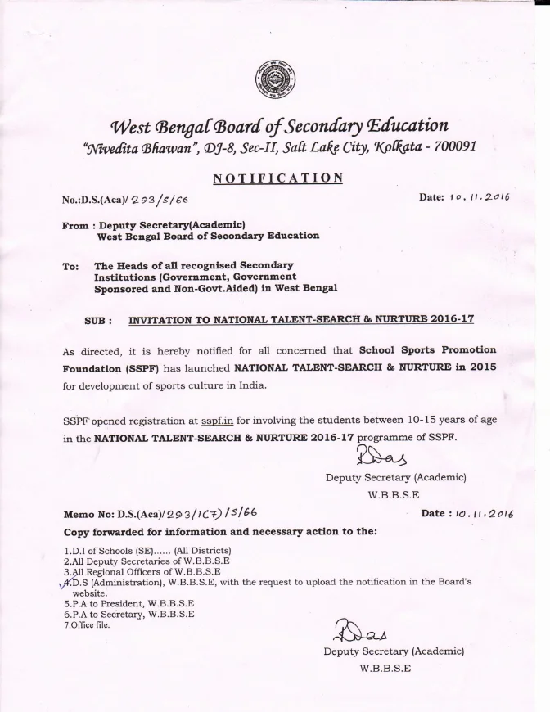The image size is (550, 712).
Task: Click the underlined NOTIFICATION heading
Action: [x=277, y=178]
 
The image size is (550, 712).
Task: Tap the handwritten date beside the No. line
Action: [x=480, y=196]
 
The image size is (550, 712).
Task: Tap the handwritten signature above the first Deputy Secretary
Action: [x=378, y=455]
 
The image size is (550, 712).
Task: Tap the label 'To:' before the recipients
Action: [x=71, y=266]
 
